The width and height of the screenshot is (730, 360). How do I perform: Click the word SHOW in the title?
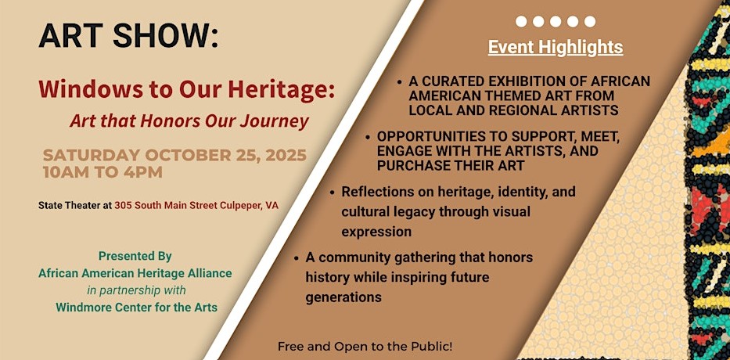166,35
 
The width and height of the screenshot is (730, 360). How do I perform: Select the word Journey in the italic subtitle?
279,121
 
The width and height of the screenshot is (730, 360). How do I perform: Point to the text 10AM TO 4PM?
103,172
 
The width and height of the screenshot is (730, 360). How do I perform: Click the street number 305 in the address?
123,205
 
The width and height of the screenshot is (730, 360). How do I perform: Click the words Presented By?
135,256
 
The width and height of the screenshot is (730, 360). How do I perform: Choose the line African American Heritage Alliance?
135,273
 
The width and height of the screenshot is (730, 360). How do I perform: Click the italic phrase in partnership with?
136,290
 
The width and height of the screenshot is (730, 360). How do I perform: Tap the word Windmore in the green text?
80,308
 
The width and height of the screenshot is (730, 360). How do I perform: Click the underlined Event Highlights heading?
556,47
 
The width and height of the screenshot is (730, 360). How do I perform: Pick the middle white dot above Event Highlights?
556,21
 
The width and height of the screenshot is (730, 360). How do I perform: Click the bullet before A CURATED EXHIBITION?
400,82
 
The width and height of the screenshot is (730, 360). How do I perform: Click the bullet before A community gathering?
296,258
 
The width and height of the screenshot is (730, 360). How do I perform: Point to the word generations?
343,297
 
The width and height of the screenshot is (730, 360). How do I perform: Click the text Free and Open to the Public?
365,347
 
